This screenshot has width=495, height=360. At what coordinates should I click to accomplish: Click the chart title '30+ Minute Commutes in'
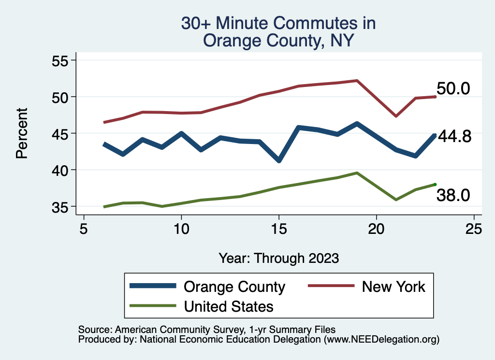[x=278, y=23]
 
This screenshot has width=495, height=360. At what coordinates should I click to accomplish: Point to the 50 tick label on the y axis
[x=61, y=97]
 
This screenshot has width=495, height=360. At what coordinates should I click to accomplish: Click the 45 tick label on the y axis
[x=61, y=133]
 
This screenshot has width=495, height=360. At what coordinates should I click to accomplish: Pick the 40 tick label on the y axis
[x=61, y=170]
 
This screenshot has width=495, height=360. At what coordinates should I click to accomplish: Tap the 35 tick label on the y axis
[x=61, y=206]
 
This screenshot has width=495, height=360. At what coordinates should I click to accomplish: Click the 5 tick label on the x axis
[x=84, y=229]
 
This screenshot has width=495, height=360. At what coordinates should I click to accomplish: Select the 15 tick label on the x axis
[x=278, y=229]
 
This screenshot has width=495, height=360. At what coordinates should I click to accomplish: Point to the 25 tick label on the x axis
[x=474, y=229]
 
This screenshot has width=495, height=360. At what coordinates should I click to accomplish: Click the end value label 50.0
[x=453, y=89]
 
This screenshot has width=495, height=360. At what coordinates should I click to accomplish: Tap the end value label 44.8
[x=454, y=137]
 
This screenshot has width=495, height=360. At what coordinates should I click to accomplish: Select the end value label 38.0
[x=453, y=195]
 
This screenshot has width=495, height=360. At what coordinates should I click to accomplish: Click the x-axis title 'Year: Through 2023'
[x=278, y=258]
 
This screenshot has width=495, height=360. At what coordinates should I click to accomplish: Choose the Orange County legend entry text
[x=234, y=287]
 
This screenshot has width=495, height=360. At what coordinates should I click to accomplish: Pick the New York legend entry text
[x=393, y=287]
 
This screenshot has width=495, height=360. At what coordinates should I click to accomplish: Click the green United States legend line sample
[x=152, y=306]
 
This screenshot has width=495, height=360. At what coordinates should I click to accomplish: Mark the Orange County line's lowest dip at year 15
[x=278, y=160]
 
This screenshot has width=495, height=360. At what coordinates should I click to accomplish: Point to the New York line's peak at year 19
[x=357, y=81]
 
